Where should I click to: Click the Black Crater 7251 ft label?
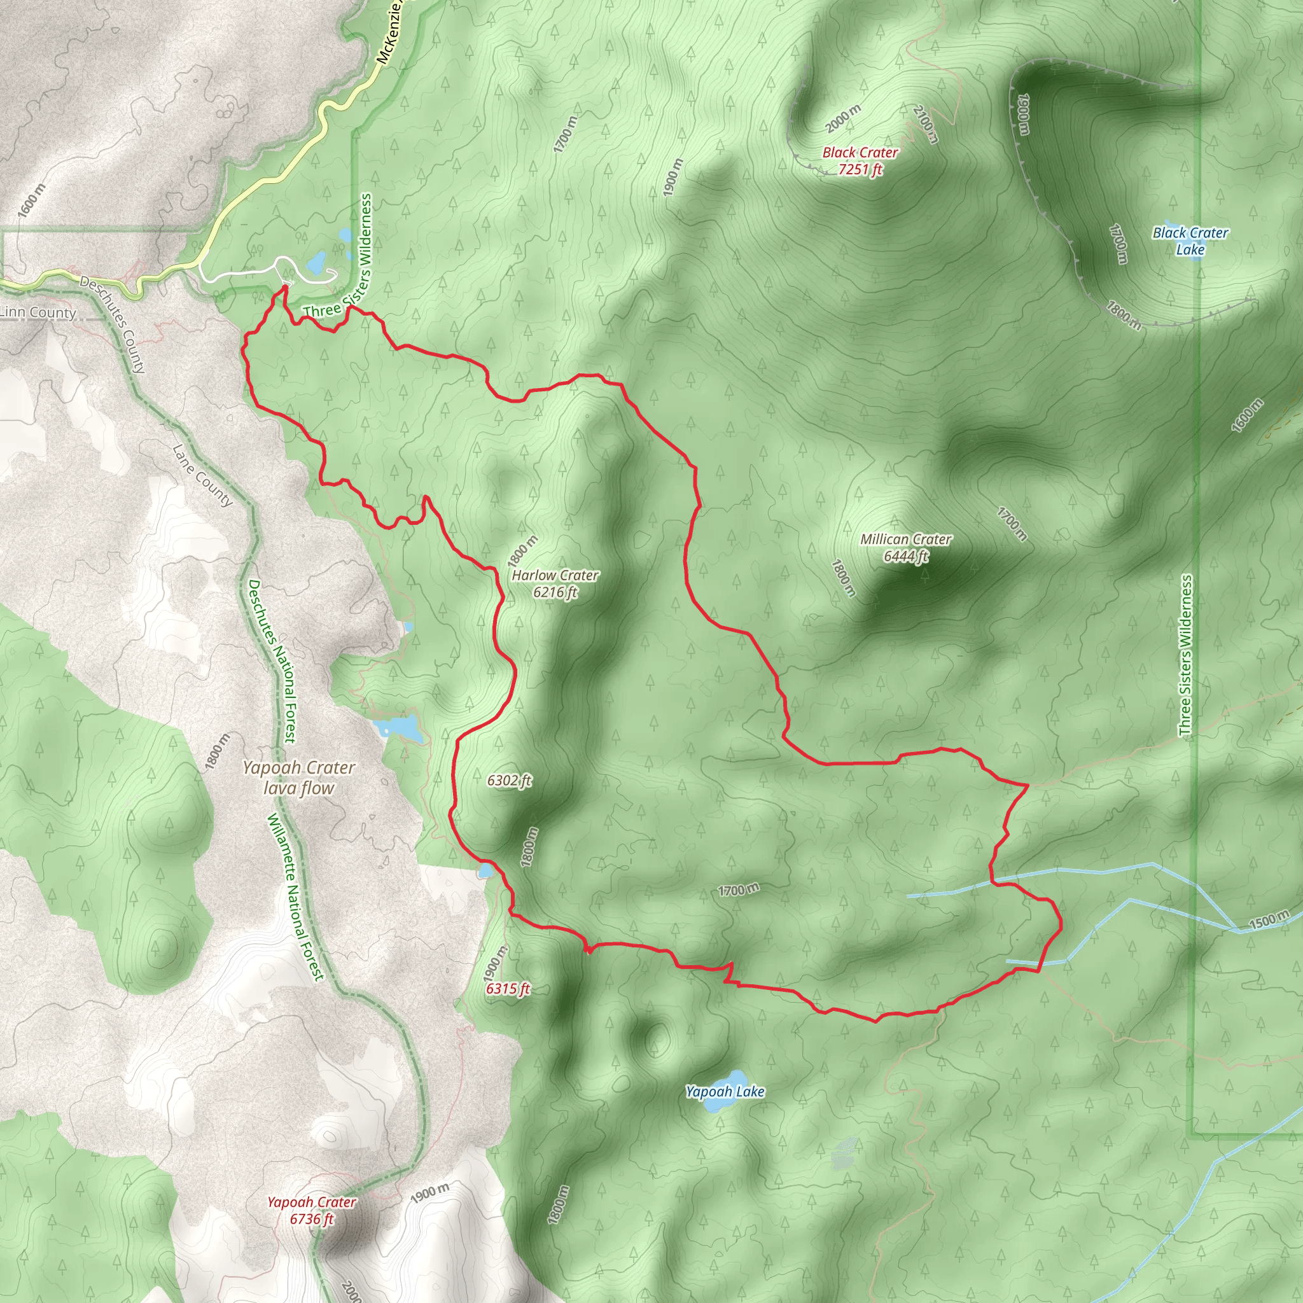point(860,161)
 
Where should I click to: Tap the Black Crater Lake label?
point(1190,240)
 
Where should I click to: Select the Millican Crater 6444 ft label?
point(906,548)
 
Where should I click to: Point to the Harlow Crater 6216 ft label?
point(554,583)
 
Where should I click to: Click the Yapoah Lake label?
point(725,1091)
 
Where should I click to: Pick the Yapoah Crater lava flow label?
point(299,777)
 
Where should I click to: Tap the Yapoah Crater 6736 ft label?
point(312,1210)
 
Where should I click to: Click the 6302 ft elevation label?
point(509,780)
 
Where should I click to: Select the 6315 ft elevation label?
point(508,989)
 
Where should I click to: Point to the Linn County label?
point(38,312)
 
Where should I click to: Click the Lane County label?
point(203,475)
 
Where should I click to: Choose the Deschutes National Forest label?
point(271,661)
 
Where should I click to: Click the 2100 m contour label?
point(926,123)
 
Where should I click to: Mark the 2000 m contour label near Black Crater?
point(843,119)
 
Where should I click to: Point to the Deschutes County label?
point(113,324)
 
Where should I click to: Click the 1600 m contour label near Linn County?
point(32,200)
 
